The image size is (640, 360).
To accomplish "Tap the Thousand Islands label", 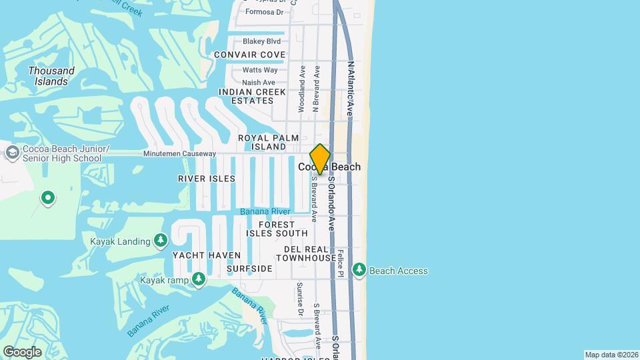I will click(x=51, y=76).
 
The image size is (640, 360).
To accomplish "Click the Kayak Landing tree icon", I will click(x=160, y=240).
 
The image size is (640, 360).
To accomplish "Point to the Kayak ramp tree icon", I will click(x=198, y=280).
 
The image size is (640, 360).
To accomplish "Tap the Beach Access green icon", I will click(x=359, y=270).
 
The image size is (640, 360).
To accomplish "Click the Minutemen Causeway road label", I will click(x=179, y=154).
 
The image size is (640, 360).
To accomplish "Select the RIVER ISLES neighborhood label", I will click(x=207, y=179).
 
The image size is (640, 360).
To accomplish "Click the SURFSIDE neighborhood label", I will click(x=249, y=269).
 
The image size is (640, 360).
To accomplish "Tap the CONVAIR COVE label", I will click(x=249, y=55).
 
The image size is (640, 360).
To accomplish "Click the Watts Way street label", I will click(x=260, y=70).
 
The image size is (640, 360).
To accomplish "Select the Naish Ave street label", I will click(x=259, y=83).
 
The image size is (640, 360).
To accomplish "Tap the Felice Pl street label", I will click(x=340, y=263).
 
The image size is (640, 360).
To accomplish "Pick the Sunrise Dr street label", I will click(x=300, y=299).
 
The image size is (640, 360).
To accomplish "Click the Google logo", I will click(x=22, y=351).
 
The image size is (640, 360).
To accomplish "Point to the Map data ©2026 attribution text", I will click(x=611, y=355).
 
